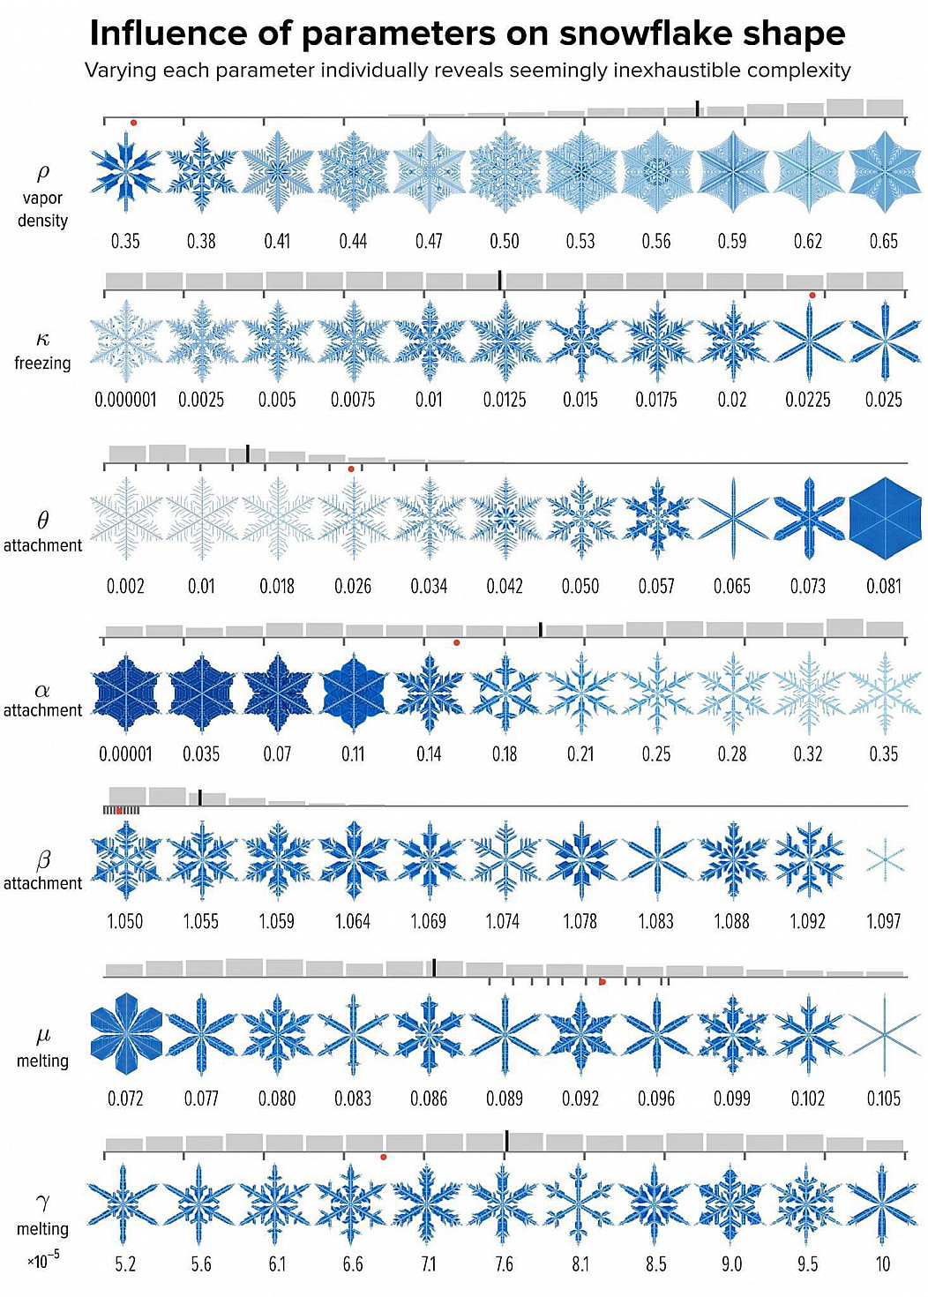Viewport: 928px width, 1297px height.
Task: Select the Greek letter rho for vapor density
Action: point(42,172)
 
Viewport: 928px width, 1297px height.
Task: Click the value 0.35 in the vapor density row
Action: point(125,241)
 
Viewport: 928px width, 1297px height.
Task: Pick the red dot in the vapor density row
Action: point(133,123)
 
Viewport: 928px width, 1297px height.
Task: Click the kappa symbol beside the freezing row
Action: point(42,340)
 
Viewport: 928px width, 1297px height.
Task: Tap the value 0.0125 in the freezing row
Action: point(505,400)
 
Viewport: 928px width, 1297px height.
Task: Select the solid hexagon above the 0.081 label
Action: point(884,518)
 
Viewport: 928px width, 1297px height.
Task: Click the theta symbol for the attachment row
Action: point(42,521)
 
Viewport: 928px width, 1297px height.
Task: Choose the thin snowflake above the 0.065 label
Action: point(732,518)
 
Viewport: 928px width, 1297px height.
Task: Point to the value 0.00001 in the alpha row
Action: point(125,754)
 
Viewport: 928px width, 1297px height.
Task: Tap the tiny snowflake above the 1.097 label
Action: point(884,858)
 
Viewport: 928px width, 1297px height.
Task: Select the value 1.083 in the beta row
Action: point(655,921)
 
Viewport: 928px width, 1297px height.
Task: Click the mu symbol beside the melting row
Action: point(42,1035)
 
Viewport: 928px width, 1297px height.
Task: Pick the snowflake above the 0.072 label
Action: point(126,1033)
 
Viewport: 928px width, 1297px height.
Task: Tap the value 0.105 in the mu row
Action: point(883,1098)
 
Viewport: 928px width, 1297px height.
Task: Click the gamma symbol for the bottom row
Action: point(42,1201)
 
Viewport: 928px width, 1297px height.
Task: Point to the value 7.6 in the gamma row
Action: point(504,1264)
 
